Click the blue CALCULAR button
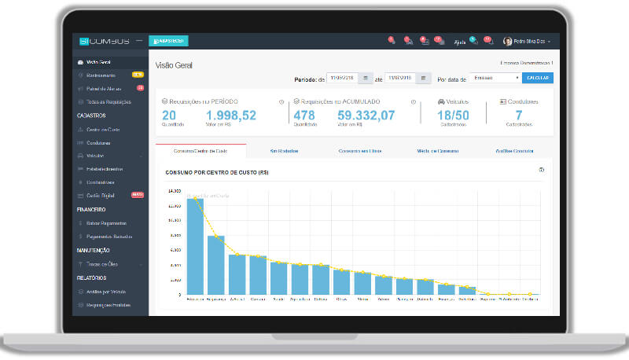(538, 79)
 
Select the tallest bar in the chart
(194, 246)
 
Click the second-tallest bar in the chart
(215, 265)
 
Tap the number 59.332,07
(366, 116)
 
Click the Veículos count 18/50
(453, 116)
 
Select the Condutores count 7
(518, 116)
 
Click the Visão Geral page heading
(174, 65)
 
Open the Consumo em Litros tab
(359, 151)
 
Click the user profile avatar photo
(508, 41)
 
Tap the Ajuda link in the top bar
(460, 42)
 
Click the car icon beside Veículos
(440, 102)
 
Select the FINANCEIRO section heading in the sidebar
(92, 210)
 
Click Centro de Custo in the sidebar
(104, 129)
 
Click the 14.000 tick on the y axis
(174, 191)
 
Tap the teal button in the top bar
(168, 41)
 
